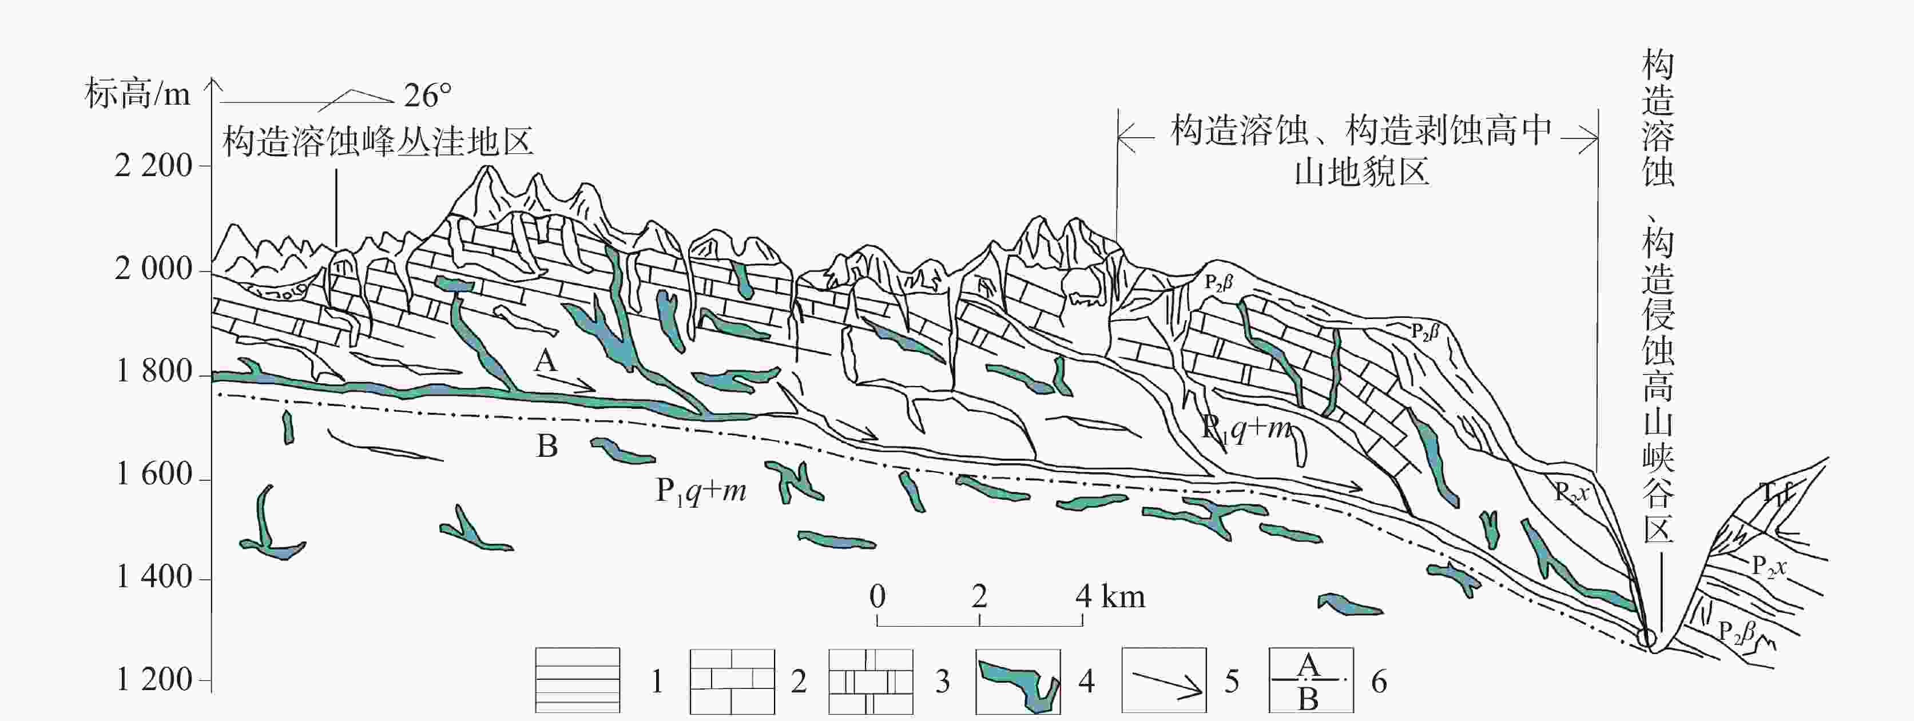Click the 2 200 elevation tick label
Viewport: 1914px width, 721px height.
[x=153, y=166]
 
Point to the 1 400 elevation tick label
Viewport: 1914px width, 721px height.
[x=154, y=577]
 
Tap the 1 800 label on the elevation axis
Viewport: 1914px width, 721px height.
[x=154, y=371]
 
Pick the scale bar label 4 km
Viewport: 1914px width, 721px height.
[x=1110, y=596]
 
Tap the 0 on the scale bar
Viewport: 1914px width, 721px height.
[x=877, y=596]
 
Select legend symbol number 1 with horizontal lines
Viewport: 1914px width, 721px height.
[x=577, y=680]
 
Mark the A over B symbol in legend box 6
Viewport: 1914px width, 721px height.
[x=1310, y=680]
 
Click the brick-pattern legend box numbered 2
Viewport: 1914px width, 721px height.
[x=732, y=680]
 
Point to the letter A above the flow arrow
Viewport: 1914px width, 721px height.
[x=545, y=361]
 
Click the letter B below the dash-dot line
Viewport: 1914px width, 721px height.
[x=547, y=446]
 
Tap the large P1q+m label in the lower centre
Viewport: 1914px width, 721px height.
[x=701, y=491]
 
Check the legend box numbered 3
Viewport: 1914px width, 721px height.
[x=871, y=680]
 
